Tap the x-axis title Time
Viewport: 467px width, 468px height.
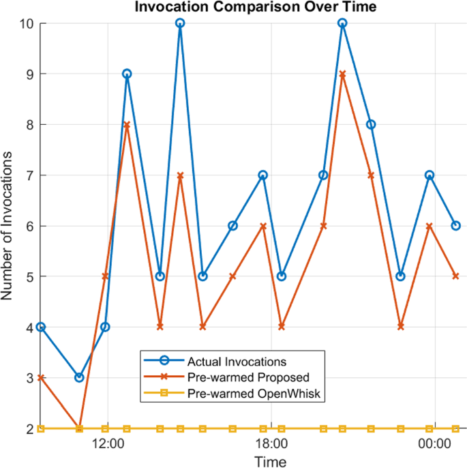266,461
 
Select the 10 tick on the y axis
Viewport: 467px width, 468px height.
28,23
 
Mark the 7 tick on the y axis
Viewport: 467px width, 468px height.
31,175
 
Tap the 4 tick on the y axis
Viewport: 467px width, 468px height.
31,327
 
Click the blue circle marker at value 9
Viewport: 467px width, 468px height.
127,74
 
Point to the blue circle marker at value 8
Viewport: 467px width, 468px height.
371,124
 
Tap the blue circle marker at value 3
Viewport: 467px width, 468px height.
79,377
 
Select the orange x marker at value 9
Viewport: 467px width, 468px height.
342,74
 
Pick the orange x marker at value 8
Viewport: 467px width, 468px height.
127,124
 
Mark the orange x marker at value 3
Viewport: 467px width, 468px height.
41,377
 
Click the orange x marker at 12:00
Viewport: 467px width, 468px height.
105,276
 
